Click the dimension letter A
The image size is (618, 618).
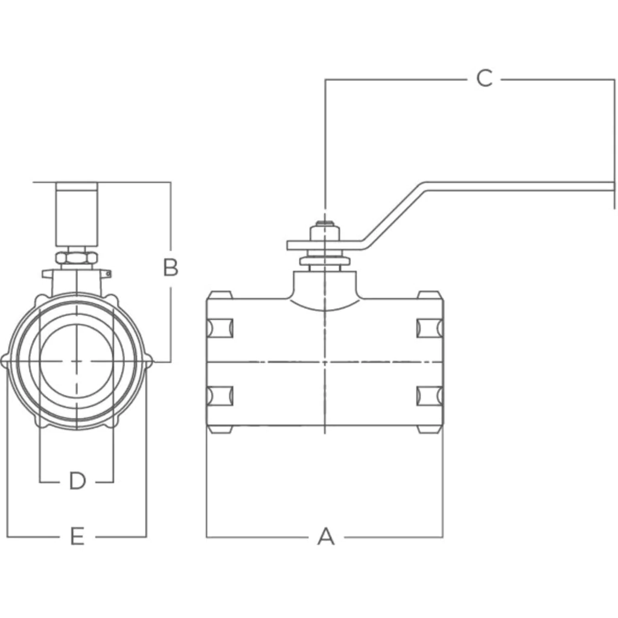[x=325, y=537]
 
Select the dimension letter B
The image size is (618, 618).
[x=171, y=267]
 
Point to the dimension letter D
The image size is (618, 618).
[x=77, y=481]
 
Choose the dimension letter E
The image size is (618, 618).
[x=77, y=537]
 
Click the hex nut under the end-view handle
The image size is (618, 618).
[x=77, y=258]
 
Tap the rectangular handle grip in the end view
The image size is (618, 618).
[x=77, y=214]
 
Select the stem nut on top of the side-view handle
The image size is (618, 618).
[x=325, y=232]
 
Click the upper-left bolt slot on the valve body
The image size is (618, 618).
[x=220, y=328]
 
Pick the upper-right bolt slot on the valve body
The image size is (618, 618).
[x=430, y=328]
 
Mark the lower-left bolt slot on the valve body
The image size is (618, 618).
[x=220, y=396]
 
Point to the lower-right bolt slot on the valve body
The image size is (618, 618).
[x=430, y=396]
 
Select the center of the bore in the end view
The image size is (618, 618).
[x=77, y=361]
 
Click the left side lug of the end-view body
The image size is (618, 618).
[x=5, y=361]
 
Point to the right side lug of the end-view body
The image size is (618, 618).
[x=149, y=361]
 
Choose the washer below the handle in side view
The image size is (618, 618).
[x=325, y=261]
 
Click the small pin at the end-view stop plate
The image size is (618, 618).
[x=109, y=273]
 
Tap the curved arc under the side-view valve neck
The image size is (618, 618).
[x=325, y=307]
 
